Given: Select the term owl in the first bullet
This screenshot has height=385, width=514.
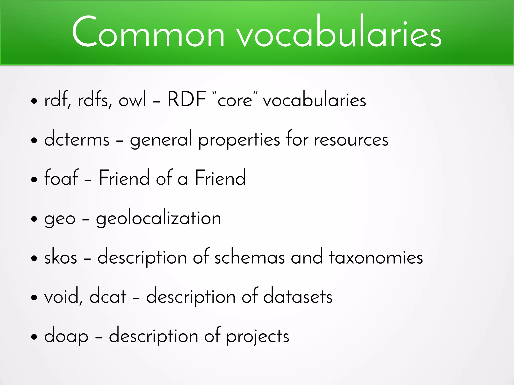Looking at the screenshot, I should [x=132, y=100].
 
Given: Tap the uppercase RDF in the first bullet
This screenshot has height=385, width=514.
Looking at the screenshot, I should [x=187, y=99].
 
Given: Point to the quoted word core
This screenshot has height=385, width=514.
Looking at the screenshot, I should [x=235, y=100].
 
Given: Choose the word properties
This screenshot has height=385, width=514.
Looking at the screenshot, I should [x=239, y=140].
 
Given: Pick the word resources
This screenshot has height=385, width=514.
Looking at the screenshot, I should [x=351, y=140].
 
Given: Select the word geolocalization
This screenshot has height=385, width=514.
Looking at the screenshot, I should [x=158, y=218].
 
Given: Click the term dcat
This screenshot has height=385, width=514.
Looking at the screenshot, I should [x=108, y=296].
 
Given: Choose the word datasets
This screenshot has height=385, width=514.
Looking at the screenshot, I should [x=298, y=296].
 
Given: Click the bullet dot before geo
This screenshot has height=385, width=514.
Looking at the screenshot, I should [x=34, y=219].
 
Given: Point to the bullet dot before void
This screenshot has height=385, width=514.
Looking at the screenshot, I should [x=34, y=298].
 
